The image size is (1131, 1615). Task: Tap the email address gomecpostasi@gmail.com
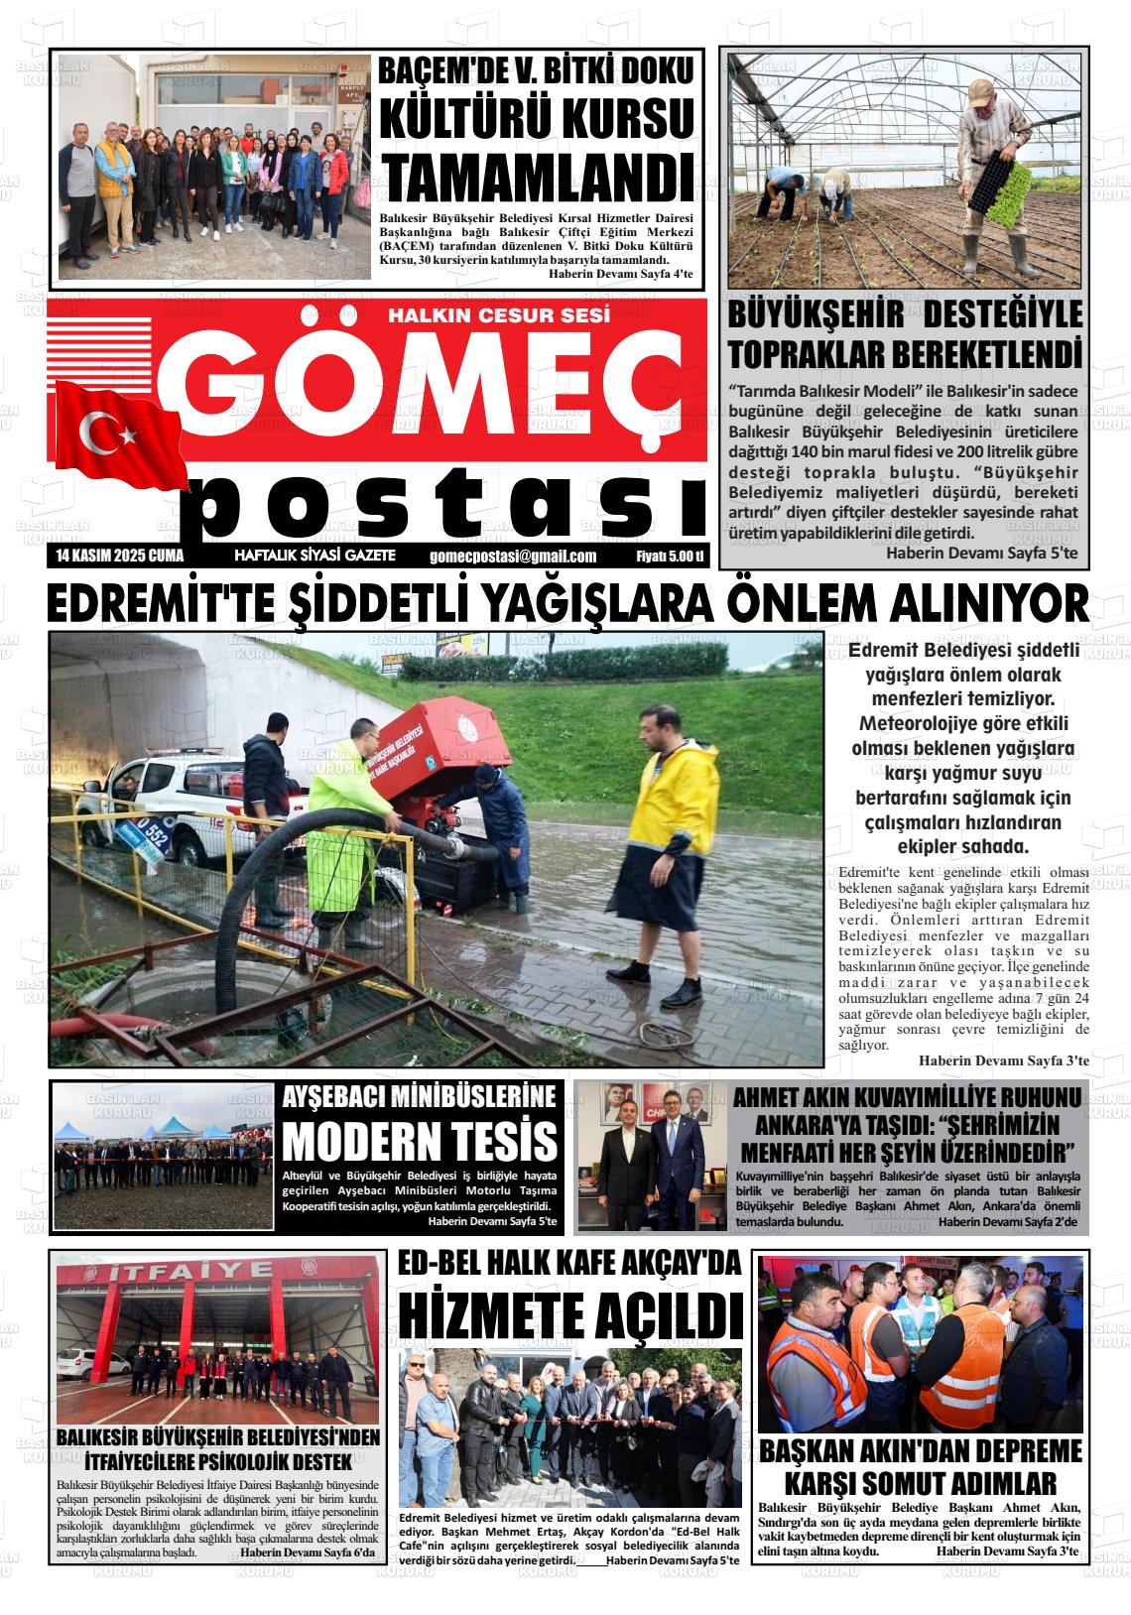[513, 557]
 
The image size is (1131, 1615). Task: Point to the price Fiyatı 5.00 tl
[669, 557]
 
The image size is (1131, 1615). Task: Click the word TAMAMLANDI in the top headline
[537, 178]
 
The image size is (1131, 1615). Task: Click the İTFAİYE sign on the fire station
[217, 1273]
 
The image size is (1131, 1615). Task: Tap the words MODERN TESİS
[420, 1140]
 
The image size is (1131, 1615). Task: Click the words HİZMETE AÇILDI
[570, 1315]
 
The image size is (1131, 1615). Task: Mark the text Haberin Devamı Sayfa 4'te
[620, 274]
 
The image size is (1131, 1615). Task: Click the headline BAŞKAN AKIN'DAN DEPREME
[920, 1451]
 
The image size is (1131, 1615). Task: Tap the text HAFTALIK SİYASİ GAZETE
[315, 556]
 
